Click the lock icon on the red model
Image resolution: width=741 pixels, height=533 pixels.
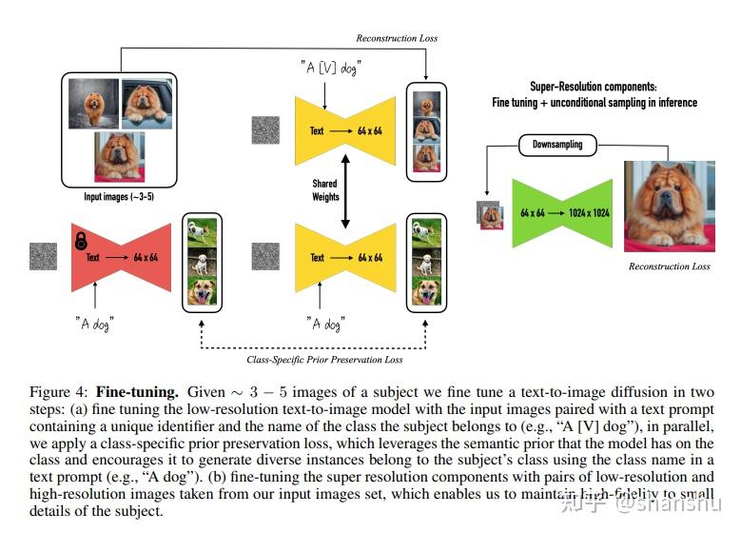click(x=81, y=240)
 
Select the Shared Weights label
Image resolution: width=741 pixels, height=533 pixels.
click(x=325, y=190)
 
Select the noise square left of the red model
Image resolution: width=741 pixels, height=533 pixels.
click(x=44, y=257)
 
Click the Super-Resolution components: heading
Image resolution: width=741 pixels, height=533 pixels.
click(x=595, y=87)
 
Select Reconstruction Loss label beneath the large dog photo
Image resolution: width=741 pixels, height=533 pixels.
click(x=669, y=266)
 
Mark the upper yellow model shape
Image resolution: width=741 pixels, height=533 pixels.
click(x=345, y=130)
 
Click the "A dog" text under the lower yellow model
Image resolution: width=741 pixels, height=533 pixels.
click(x=324, y=323)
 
